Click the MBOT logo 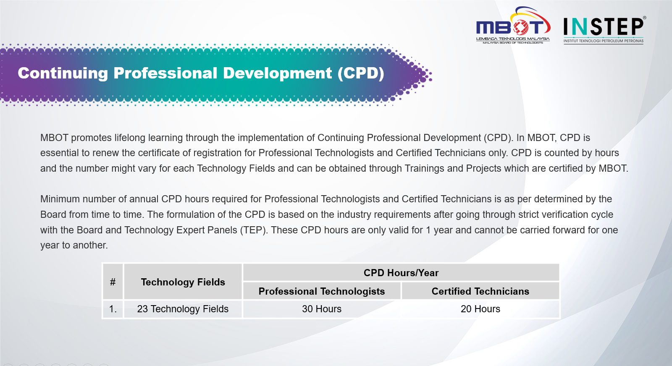(x=513, y=26)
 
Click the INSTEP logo (x=604, y=30)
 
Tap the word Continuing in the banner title (x=63, y=73)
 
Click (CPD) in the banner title (x=361, y=73)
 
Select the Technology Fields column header (x=183, y=282)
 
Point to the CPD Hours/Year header (x=401, y=273)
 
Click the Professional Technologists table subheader (x=322, y=291)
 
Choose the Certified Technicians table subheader (x=480, y=291)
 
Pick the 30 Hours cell (x=322, y=309)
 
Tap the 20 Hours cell (x=480, y=309)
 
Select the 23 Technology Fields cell (x=183, y=309)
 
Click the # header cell (x=113, y=282)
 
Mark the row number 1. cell (x=113, y=309)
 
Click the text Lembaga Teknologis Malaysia (x=513, y=39)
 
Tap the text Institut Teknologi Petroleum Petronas (x=603, y=41)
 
